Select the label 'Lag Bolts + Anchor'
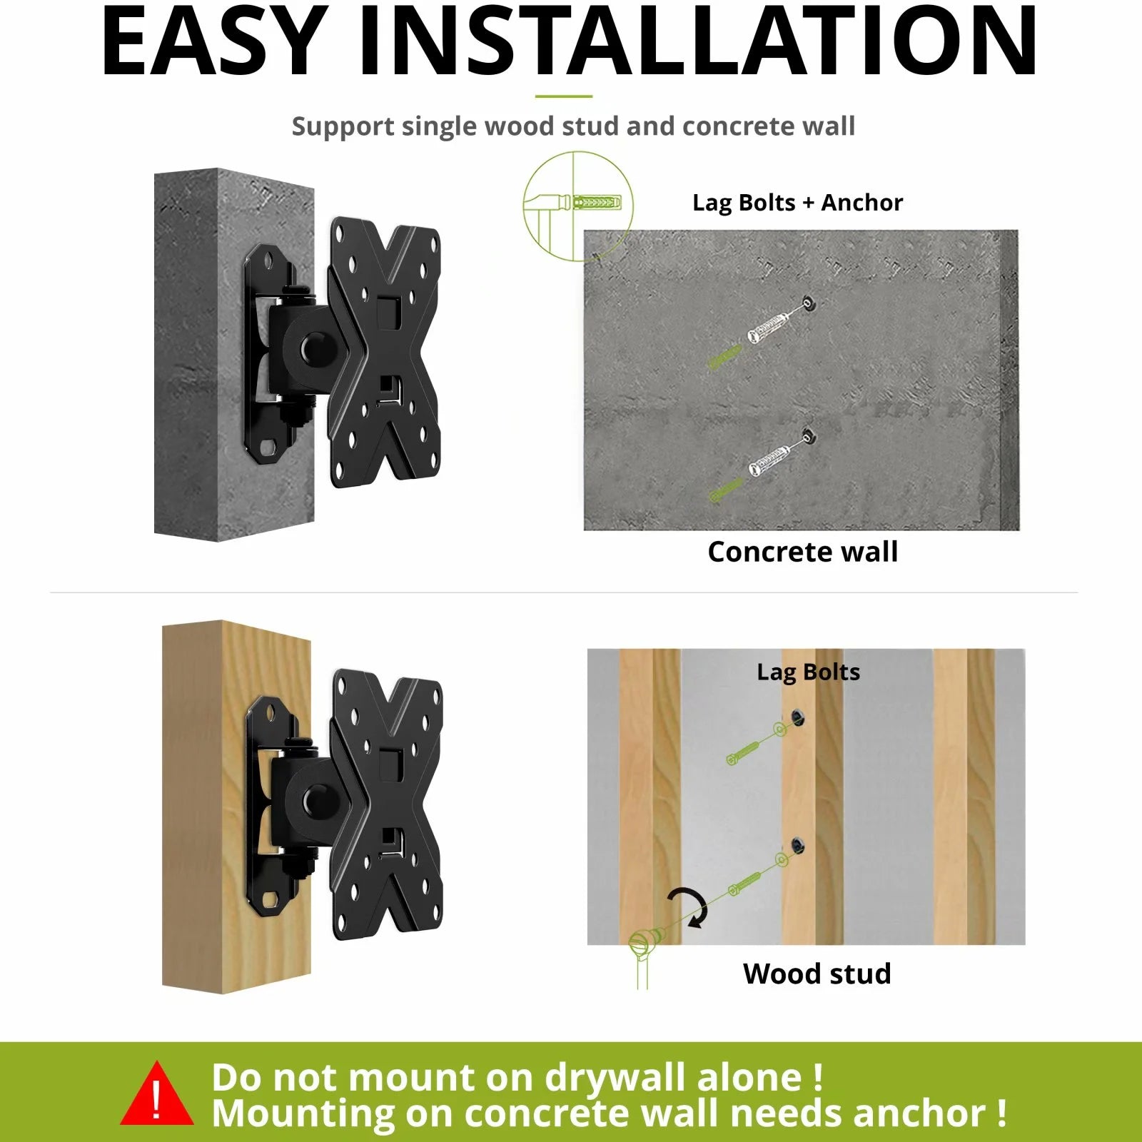(x=797, y=203)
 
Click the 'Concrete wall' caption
(x=802, y=552)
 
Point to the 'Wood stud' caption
(x=817, y=974)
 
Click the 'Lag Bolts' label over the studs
(x=808, y=672)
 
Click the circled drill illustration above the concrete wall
(x=577, y=206)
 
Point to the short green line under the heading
(x=563, y=96)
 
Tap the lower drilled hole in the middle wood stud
(x=797, y=847)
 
